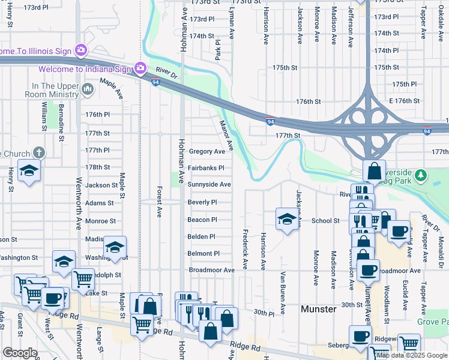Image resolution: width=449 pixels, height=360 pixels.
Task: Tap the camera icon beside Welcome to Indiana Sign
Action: click(140, 68)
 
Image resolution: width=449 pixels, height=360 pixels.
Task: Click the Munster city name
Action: click(318, 309)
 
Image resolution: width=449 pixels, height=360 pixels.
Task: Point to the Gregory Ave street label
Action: click(206, 152)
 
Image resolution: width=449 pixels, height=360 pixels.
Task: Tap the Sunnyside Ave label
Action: click(209, 185)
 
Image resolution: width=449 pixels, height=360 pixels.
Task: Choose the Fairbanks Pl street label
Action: click(206, 168)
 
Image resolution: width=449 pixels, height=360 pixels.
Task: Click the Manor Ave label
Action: click(226, 134)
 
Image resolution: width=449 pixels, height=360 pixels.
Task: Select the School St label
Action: click(325, 221)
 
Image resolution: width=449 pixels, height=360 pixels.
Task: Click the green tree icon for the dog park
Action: click(421, 175)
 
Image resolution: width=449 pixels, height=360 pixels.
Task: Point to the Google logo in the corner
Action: click(20, 353)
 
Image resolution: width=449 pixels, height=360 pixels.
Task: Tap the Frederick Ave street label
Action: click(245, 248)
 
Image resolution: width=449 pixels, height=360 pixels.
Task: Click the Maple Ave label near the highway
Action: click(112, 89)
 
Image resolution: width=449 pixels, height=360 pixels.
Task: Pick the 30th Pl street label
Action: click(264, 313)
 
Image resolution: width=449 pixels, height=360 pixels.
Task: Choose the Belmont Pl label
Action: click(204, 254)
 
